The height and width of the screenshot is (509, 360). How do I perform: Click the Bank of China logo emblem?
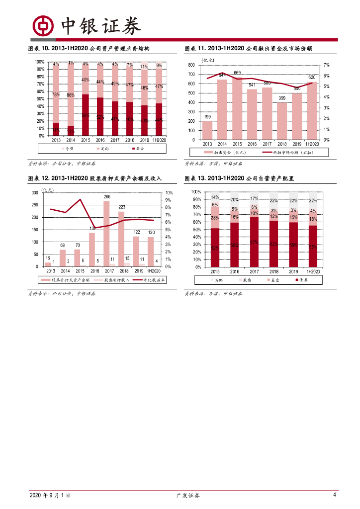(43, 26)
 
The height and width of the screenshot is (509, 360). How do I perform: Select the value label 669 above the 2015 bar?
(237, 73)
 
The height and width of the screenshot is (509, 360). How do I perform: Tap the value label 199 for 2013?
(207, 117)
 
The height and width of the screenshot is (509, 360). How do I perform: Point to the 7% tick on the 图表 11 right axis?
(326, 65)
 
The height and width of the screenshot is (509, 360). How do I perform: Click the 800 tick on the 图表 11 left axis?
(191, 65)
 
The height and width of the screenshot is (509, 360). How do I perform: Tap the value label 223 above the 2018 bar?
(121, 207)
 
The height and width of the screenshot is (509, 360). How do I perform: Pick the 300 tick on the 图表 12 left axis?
(34, 193)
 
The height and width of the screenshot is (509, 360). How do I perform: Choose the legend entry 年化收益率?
(149, 280)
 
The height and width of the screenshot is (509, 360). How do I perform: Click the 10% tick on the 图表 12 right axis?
(169, 193)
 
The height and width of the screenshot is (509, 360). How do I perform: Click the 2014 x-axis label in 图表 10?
(71, 140)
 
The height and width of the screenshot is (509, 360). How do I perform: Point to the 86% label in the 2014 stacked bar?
(71, 95)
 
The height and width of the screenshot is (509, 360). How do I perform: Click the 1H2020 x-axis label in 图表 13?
(313, 272)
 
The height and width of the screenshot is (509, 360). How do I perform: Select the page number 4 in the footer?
(335, 495)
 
